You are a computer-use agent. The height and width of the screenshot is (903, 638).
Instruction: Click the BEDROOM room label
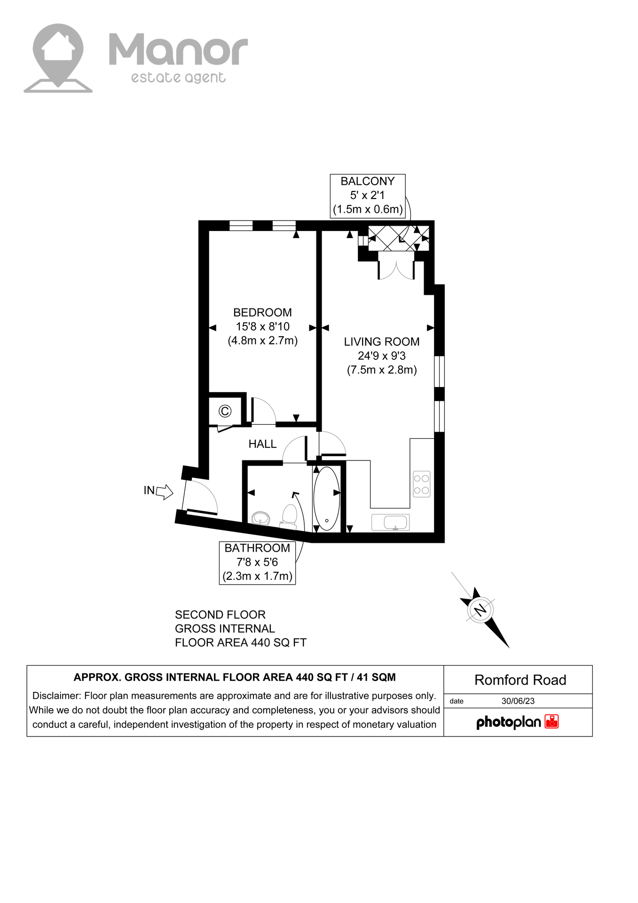[x=262, y=313]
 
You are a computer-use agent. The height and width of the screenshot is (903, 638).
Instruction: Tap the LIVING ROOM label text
[x=381, y=342]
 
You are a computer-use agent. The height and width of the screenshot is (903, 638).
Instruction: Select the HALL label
[x=262, y=444]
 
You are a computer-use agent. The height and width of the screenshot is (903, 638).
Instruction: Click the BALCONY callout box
[x=368, y=196]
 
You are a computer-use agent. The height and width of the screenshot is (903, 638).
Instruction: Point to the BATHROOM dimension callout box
[x=257, y=562]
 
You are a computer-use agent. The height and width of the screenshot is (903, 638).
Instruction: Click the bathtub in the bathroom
[x=326, y=498]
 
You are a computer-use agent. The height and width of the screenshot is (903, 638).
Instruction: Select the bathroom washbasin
[x=260, y=518]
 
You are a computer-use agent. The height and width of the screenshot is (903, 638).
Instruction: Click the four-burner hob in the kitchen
[x=421, y=484]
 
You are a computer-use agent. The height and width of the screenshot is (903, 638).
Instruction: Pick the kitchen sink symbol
[x=391, y=522]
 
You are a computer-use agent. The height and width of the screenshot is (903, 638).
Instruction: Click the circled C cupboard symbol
[x=225, y=412]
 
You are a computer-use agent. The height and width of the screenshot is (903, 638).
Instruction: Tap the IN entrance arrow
[x=164, y=492]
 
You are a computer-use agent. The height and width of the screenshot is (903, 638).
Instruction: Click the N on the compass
[x=480, y=610]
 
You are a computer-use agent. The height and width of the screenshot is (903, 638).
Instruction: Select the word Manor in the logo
[x=178, y=50]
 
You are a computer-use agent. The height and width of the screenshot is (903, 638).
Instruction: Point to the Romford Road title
[x=520, y=680]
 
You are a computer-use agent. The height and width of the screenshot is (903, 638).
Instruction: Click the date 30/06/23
[x=518, y=701]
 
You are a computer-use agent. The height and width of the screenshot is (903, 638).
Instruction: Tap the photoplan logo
[x=517, y=722]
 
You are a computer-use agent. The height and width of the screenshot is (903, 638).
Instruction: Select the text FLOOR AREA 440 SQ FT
[x=240, y=642]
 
